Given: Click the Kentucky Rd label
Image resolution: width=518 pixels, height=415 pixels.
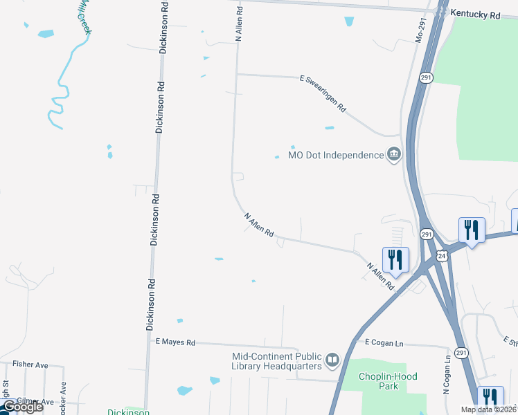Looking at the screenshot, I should [475, 14].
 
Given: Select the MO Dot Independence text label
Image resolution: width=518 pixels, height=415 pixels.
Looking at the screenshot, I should [336, 155].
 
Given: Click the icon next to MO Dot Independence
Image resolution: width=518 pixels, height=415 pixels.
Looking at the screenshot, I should [395, 154].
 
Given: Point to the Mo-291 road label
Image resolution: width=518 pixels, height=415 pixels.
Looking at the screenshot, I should [419, 32].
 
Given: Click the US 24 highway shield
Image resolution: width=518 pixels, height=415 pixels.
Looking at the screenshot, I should [442, 257].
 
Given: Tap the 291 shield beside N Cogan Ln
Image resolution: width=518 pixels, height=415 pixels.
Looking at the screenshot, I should [462, 353].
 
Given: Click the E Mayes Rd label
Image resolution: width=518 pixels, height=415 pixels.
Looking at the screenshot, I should [176, 342].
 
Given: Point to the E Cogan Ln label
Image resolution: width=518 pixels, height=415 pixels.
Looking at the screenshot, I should [379, 343].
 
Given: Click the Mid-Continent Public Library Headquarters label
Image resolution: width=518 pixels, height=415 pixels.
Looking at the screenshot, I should [276, 361].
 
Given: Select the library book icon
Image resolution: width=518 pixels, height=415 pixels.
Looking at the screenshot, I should [332, 360].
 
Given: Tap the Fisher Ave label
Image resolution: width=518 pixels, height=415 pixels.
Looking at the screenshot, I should [30, 364].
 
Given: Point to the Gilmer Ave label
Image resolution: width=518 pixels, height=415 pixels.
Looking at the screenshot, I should [36, 401].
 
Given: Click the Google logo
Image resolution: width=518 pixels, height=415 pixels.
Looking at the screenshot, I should [22, 407].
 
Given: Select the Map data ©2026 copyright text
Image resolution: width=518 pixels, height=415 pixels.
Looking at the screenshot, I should [489, 409].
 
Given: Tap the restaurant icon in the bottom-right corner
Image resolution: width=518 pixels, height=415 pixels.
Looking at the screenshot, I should [490, 397].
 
